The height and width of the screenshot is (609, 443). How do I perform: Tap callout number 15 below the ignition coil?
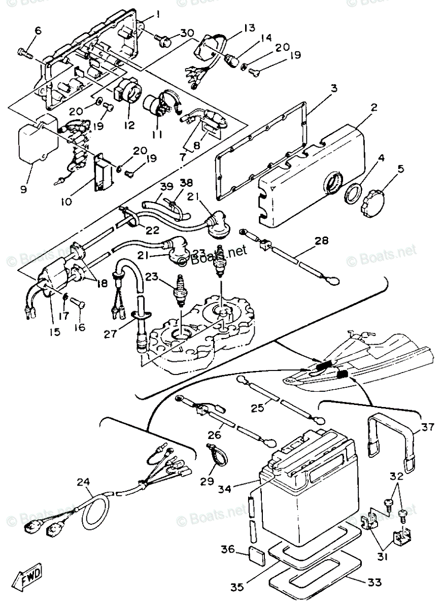54,333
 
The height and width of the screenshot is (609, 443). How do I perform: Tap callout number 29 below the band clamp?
206,480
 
